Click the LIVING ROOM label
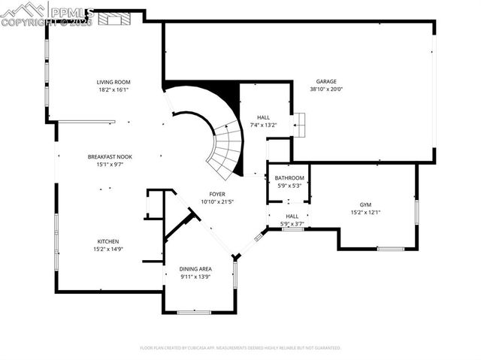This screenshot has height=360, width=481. pyautogui.click(x=113, y=82)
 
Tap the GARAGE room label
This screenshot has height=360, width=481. pyautogui.click(x=325, y=81)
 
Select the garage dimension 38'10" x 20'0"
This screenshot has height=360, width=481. pyautogui.click(x=325, y=89)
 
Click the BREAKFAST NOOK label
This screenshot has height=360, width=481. pyautogui.click(x=110, y=156)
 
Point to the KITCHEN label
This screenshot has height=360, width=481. pyautogui.click(x=107, y=241)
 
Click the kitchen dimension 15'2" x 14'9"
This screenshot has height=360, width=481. pyautogui.click(x=107, y=249)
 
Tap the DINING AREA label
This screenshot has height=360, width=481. pyautogui.click(x=195, y=268)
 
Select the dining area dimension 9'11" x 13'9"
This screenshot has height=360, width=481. pyautogui.click(x=195, y=276)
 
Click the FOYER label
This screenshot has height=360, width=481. pyautogui.click(x=217, y=194)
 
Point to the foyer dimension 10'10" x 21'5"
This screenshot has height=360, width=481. pyautogui.click(x=217, y=201)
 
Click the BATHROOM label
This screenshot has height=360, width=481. pyautogui.click(x=289, y=177)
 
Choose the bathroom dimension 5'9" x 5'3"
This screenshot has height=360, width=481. pyautogui.click(x=289, y=185)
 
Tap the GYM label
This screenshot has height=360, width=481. pyautogui.click(x=365, y=204)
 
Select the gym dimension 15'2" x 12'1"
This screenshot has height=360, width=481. pyautogui.click(x=365, y=212)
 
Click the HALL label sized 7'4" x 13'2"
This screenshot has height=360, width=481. pyautogui.click(x=263, y=117)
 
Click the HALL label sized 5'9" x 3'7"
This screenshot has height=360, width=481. pyautogui.click(x=292, y=216)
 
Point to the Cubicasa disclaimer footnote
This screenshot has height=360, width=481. pyautogui.click(x=240, y=348)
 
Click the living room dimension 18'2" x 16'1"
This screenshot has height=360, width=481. pyautogui.click(x=113, y=89)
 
